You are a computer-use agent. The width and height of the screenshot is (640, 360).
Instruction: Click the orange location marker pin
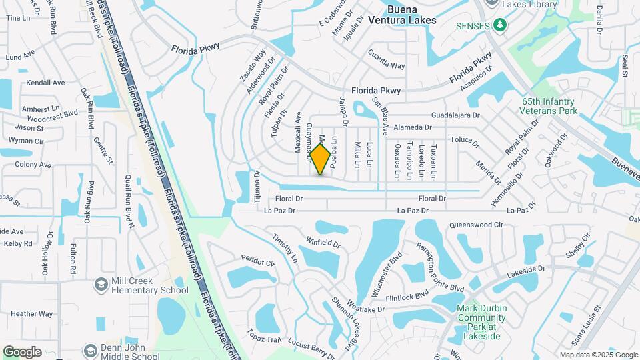[x=321, y=159]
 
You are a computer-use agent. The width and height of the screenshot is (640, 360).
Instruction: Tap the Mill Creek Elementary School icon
[x=101, y=285]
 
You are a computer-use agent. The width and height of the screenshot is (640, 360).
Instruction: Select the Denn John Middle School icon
[x=89, y=351]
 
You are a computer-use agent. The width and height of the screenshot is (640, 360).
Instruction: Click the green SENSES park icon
[x=500, y=25]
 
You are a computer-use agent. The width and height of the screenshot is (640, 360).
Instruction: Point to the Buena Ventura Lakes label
[x=412, y=15]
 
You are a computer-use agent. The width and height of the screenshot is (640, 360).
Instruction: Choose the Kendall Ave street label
[x=45, y=83]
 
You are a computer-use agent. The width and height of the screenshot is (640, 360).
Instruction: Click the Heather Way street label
[x=31, y=314]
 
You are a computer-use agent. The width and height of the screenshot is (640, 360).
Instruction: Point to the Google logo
[x=22, y=352]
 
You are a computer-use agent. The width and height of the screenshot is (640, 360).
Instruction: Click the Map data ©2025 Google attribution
[x=598, y=355]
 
